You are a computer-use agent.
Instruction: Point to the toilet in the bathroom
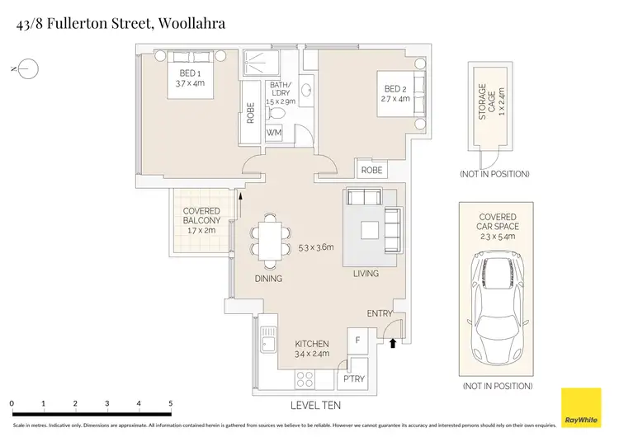(278, 114)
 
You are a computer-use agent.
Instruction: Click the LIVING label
(366, 274)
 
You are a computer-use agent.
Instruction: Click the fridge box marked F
(357, 339)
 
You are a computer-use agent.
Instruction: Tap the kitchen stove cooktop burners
(305, 378)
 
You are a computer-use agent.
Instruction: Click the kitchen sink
(267, 339)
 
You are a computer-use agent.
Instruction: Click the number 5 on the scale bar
(170, 403)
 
